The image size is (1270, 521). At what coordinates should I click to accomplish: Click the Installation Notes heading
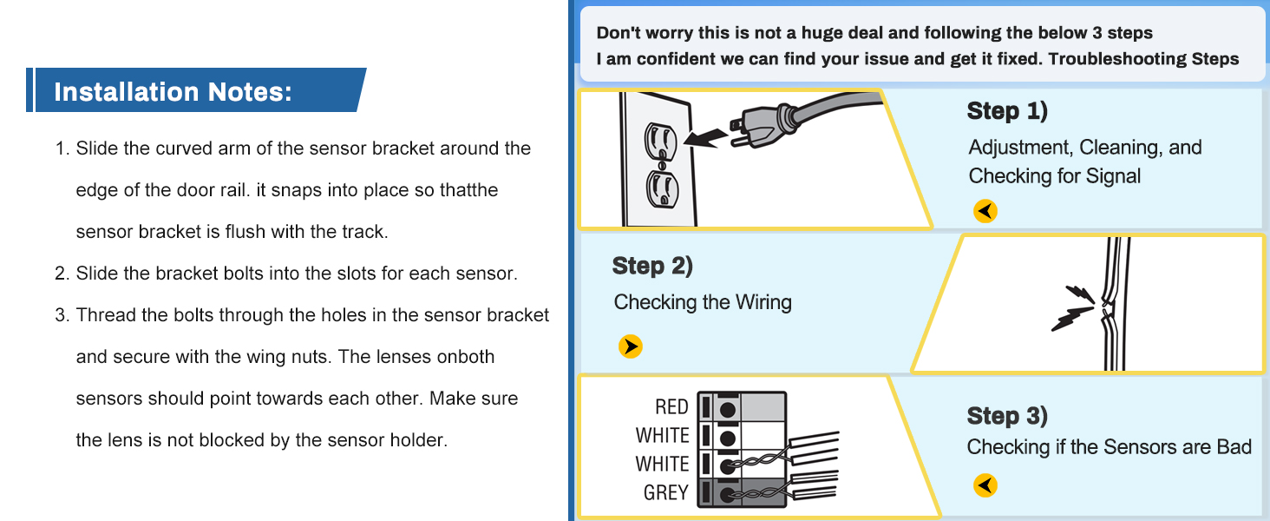(x=173, y=91)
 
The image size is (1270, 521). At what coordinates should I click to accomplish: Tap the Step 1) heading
(x=1007, y=111)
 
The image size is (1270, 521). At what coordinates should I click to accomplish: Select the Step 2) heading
(x=652, y=266)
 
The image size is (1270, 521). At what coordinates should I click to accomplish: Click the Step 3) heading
(x=1007, y=416)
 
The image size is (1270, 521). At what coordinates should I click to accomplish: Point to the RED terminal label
(x=671, y=406)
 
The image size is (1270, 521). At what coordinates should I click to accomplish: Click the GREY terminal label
(x=665, y=492)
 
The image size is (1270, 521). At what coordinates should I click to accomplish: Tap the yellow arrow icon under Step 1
(x=985, y=211)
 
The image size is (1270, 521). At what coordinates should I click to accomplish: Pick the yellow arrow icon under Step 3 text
(x=985, y=485)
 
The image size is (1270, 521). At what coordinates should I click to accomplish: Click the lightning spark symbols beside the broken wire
(x=1072, y=308)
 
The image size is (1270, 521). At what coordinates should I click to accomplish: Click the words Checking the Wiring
(x=703, y=302)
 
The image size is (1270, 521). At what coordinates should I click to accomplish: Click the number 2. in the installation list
(x=62, y=274)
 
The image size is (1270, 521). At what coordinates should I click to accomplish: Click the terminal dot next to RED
(x=728, y=407)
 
